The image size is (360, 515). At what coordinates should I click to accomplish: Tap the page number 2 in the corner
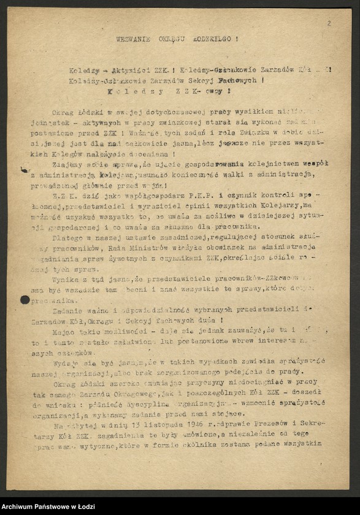329,23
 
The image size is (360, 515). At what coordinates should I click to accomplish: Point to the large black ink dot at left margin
25,300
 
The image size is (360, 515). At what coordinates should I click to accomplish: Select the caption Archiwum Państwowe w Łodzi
44,506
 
